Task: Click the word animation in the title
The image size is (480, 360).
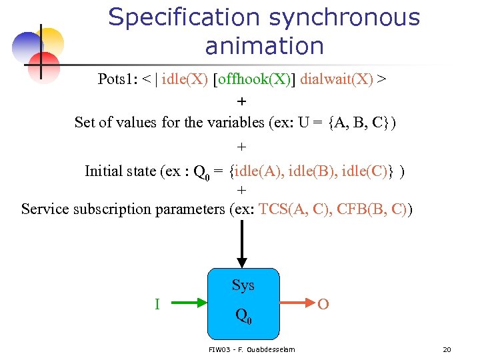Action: point(265,47)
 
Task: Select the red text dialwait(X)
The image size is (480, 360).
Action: point(337,80)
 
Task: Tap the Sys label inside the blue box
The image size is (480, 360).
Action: point(243,285)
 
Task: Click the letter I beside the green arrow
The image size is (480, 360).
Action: point(157,305)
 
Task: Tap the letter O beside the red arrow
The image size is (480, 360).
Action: point(323,305)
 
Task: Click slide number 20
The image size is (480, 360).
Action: point(447,349)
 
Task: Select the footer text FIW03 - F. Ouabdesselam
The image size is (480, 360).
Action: point(251,349)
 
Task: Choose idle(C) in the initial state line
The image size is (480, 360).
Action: point(374,171)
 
